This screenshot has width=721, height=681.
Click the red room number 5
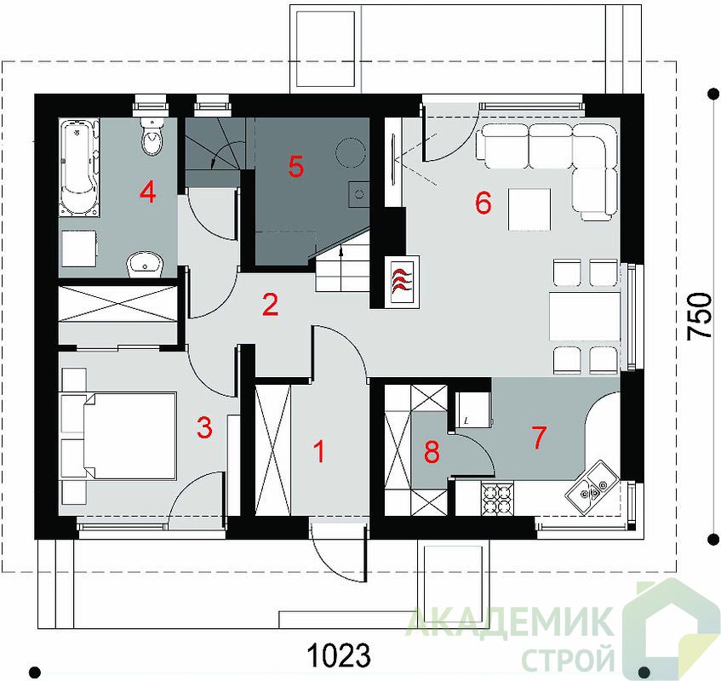296,167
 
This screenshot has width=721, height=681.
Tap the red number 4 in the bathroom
147,192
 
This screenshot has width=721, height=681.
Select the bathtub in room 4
79,168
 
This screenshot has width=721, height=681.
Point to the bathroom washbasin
146,265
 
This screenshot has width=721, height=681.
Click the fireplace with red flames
403,281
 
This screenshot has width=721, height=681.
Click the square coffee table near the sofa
529,209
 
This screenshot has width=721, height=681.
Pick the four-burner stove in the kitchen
497,498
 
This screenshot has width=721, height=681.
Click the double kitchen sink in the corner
592,487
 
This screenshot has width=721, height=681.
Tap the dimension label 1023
339,655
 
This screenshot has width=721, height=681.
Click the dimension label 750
699,317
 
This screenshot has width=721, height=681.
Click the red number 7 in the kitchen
539,437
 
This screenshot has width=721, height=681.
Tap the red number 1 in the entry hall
319,451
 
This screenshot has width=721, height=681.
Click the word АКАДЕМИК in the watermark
510,621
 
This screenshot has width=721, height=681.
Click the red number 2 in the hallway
271,305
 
